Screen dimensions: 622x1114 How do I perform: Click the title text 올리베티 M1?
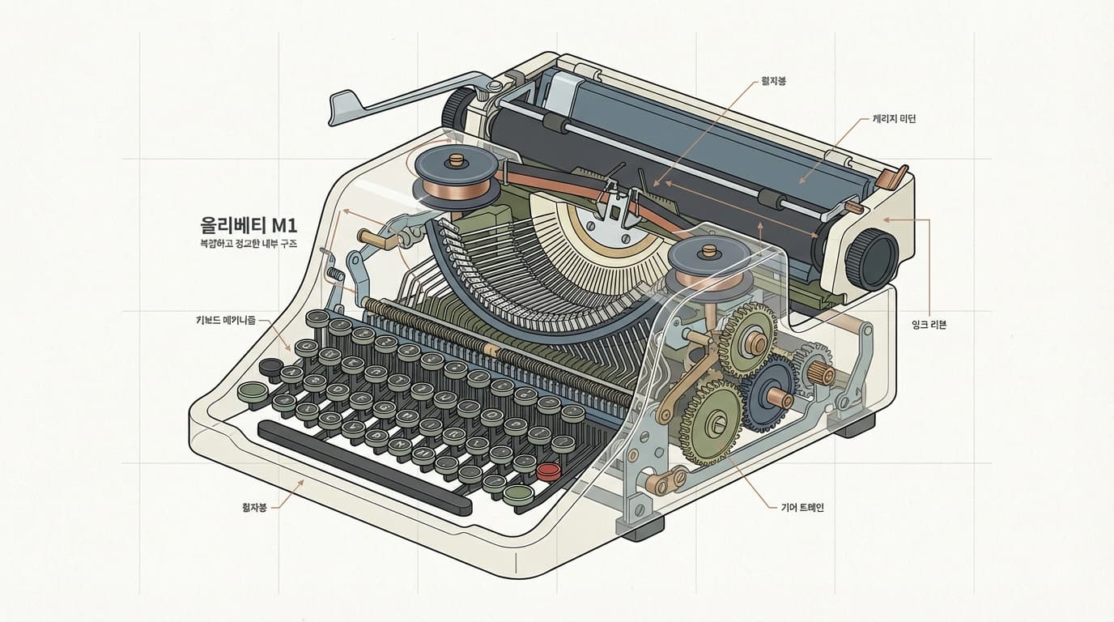(249, 224)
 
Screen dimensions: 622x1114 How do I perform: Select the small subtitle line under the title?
(249, 243)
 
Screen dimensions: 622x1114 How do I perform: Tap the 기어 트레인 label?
(797, 508)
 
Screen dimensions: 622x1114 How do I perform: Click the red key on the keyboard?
(549, 470)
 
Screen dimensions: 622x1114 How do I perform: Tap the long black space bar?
(364, 467)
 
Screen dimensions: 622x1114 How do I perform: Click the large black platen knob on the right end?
(872, 258)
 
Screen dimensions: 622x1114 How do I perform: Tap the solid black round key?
(270, 367)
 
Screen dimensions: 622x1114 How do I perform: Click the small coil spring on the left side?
(331, 275)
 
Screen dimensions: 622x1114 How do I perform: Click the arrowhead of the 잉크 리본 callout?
(885, 219)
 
